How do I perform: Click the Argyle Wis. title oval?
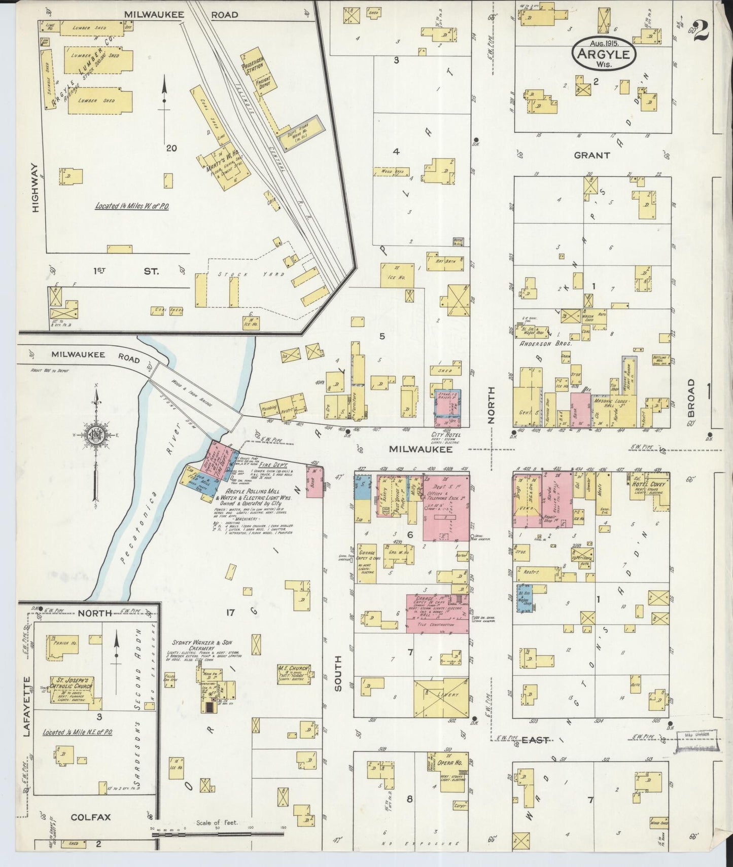point(603,55)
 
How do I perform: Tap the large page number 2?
point(702,31)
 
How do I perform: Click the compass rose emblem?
point(95,436)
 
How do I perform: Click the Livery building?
point(441,696)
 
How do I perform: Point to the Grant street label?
point(591,155)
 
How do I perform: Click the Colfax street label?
point(91,817)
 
